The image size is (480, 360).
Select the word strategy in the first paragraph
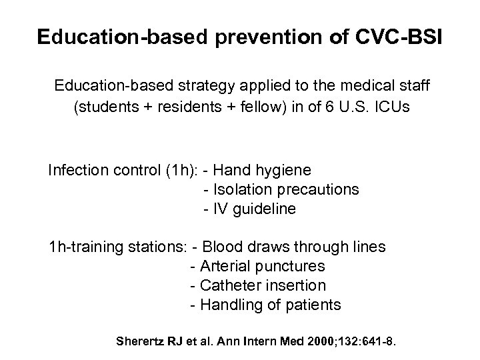tap(197, 86)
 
